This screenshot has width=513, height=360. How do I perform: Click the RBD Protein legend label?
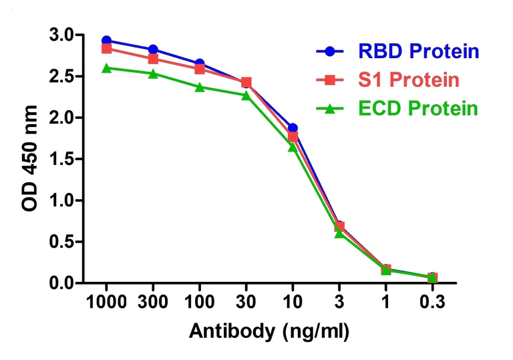[419, 51]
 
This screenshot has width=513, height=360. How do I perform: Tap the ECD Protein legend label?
[418, 108]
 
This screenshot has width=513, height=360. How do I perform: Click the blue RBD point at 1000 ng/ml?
[107, 40]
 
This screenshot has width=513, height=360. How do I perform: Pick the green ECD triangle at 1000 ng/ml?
[107, 68]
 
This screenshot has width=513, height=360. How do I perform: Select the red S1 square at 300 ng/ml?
[153, 59]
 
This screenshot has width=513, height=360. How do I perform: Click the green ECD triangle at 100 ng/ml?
[200, 87]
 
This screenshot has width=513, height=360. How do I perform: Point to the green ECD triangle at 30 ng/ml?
[246, 96]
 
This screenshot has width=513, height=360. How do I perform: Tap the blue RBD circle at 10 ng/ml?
[293, 128]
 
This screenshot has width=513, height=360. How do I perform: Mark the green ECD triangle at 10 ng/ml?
[293, 147]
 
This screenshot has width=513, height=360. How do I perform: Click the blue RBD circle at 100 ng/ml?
[200, 63]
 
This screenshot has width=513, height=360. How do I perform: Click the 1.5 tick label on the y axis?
[63, 159]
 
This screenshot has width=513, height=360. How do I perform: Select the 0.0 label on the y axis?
[63, 283]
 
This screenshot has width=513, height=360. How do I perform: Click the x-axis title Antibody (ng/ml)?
[269, 332]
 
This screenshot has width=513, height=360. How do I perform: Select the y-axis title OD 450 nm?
[30, 158]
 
